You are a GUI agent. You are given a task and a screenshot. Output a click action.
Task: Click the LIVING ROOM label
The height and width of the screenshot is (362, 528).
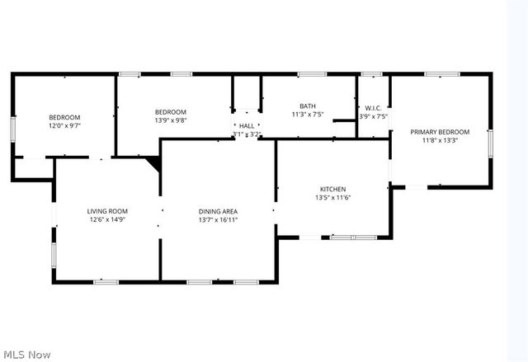[107, 211]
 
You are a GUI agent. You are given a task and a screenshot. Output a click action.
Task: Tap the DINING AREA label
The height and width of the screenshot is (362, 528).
[218, 211]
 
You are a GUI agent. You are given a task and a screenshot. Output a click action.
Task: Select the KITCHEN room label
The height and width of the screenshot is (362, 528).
[333, 189]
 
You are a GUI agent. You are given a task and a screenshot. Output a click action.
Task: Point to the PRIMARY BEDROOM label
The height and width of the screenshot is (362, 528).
[440, 132]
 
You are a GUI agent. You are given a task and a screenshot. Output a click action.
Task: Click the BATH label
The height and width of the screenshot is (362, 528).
[308, 106]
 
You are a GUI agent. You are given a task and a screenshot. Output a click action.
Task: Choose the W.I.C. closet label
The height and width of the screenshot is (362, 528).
[374, 108]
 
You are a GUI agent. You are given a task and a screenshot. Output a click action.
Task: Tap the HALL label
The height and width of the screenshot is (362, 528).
[247, 126]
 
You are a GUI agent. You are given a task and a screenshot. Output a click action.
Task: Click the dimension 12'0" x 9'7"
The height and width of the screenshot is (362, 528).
[64, 126]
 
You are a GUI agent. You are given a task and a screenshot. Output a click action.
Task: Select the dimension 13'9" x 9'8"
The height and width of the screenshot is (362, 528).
[171, 120]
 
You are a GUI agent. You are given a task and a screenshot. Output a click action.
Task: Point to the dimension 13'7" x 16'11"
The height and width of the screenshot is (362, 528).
[218, 220]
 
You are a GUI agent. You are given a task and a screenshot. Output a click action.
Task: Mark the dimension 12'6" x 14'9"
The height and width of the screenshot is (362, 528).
[107, 220]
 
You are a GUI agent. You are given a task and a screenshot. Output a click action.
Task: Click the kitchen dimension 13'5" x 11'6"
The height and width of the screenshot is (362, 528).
[333, 198]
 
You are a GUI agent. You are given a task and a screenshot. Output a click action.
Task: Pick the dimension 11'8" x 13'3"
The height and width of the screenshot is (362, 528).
[440, 141]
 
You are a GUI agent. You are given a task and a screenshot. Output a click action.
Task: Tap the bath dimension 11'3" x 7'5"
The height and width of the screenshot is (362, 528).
[308, 115]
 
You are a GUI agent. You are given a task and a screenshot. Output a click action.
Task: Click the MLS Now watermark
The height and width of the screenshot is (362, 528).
[26, 355]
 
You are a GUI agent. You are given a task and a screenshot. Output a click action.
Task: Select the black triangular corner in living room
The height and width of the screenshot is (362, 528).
[153, 162]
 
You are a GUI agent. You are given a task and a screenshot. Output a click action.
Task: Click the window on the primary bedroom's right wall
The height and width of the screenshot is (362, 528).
[490, 143]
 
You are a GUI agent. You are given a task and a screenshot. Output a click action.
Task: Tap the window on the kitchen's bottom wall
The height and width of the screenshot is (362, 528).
[353, 237]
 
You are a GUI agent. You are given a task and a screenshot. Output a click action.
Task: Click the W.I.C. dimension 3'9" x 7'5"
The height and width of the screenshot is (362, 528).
[374, 116]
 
